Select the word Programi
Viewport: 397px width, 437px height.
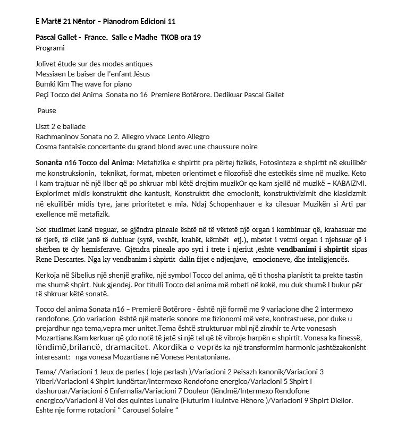click(50, 48)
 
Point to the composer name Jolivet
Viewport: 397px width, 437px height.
click(47, 64)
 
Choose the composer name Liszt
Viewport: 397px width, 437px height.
click(43, 126)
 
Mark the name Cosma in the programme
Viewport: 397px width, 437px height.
click(47, 147)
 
